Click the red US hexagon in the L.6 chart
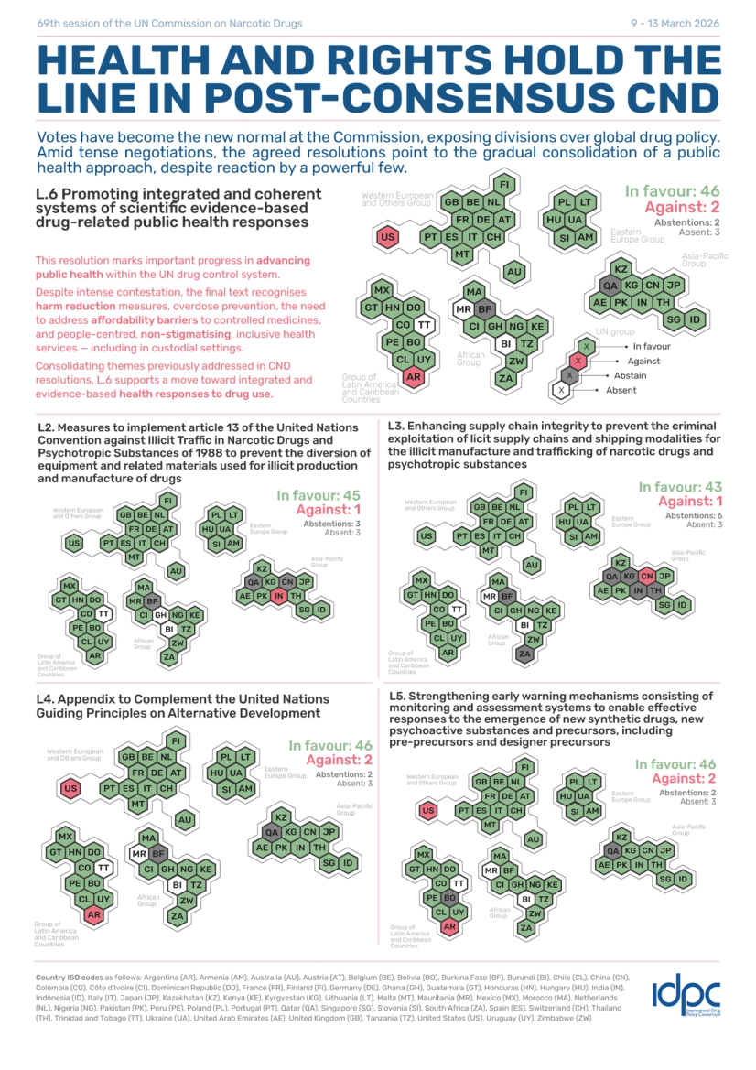[x=387, y=237]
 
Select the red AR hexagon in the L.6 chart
[x=413, y=376]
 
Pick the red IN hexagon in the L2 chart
[x=279, y=596]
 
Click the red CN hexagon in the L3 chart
[x=647, y=577]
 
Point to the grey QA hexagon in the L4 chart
[x=272, y=833]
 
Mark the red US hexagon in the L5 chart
[x=427, y=810]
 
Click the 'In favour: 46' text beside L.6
[x=673, y=191]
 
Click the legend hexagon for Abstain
[x=570, y=375]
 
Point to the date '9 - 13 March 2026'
[x=675, y=23]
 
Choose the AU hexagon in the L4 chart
[x=185, y=820]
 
